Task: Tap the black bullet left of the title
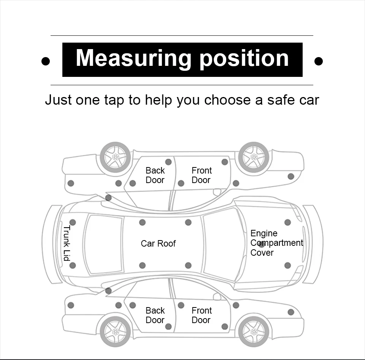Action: (46, 61)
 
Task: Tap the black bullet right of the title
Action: (319, 61)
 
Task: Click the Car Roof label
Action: (158, 244)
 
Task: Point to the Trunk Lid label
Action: (67, 243)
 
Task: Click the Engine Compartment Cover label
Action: (276, 243)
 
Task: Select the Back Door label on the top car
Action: (155, 175)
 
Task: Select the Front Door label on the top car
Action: (202, 175)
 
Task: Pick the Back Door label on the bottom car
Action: (155, 315)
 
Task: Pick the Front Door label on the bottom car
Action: (202, 315)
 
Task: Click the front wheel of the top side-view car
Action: (254, 157)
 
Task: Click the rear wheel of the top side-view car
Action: (115, 157)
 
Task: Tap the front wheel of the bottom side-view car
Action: (254, 331)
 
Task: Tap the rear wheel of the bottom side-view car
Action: (115, 331)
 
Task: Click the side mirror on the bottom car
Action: (217, 296)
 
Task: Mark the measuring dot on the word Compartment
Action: (262, 244)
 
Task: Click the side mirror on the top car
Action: (217, 192)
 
